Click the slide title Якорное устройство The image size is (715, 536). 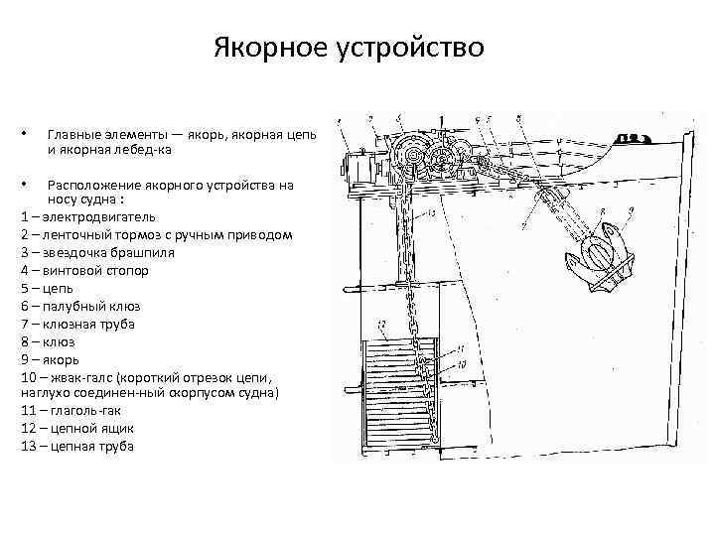(x=349, y=48)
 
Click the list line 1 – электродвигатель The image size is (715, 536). (x=87, y=216)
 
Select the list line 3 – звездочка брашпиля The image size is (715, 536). (x=97, y=252)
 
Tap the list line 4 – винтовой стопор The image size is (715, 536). (x=84, y=270)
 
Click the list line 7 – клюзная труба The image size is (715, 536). (x=77, y=324)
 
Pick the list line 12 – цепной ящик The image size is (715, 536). (x=76, y=429)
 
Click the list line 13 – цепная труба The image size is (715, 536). (x=76, y=447)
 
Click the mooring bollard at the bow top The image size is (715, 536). (x=633, y=137)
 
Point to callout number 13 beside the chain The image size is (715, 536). (x=434, y=213)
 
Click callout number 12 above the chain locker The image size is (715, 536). (x=381, y=325)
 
